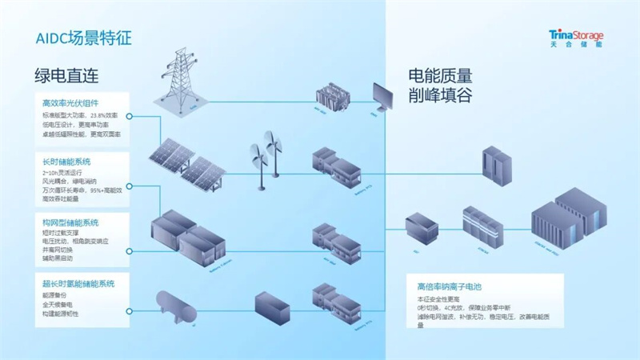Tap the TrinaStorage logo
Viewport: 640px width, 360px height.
coord(576,38)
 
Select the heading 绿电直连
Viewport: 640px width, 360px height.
coord(66,77)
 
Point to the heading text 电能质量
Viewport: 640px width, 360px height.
coord(440,77)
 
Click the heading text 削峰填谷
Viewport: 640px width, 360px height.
coord(440,96)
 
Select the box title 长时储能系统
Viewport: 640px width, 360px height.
coord(64,162)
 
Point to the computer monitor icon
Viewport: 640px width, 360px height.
coord(386,96)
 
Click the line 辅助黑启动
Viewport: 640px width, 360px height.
coord(58,257)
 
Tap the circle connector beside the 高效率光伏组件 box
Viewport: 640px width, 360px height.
coord(129,116)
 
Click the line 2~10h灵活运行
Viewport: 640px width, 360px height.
coord(62,173)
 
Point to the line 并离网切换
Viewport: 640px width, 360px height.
coord(58,249)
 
